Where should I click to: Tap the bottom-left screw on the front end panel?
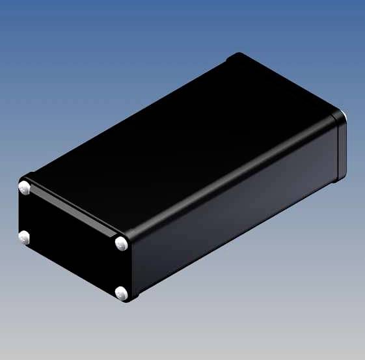[x=25, y=238]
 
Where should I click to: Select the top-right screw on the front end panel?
[x=122, y=243]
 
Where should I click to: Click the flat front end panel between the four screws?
[x=72, y=241]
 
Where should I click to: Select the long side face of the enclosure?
[x=234, y=208]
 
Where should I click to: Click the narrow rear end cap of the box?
[x=340, y=150]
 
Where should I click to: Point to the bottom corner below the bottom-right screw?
[x=130, y=301]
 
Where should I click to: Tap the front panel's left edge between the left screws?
[x=19, y=214]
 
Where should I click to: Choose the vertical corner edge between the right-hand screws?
[x=129, y=268]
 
